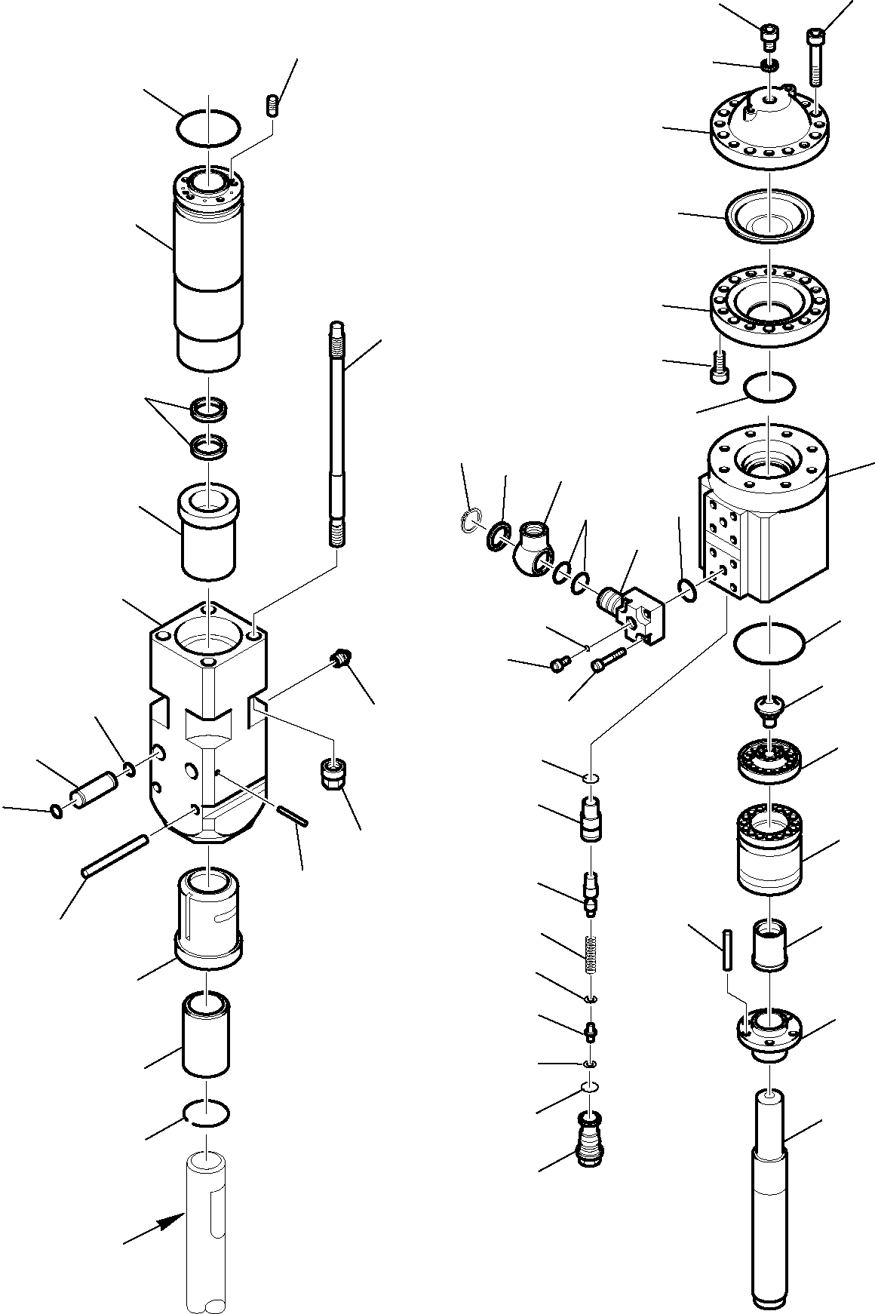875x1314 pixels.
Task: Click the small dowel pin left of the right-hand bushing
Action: tap(726, 949)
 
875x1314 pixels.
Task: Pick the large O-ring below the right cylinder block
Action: tap(768, 643)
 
